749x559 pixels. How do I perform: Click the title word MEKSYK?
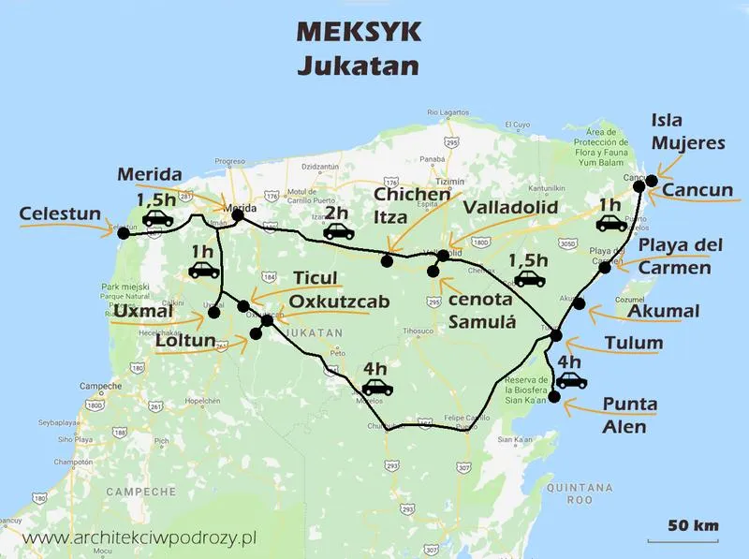pos(359,31)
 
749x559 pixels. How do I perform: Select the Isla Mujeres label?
pos(688,132)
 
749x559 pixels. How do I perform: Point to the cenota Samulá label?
pos(482,309)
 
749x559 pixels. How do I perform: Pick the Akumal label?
pos(665,311)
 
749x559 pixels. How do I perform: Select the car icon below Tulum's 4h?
pos(571,380)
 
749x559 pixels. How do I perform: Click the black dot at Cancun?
pos(639,185)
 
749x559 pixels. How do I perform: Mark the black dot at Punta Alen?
pos(553,398)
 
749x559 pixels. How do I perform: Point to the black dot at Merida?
pos(238,215)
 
